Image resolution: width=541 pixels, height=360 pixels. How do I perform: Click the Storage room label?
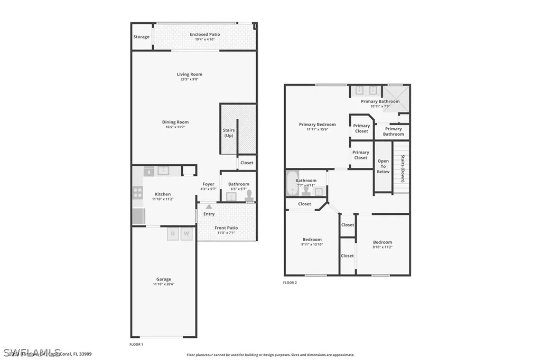coord(141,37)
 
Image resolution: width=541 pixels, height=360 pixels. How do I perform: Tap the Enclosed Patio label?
coord(205,34)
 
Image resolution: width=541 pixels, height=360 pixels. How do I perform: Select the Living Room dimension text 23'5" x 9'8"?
coord(190,79)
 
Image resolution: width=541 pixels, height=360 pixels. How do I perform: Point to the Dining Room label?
coord(175,122)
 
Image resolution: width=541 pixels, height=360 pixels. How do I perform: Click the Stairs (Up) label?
coord(229,133)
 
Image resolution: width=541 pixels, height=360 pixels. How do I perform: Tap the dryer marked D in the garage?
coord(173,233)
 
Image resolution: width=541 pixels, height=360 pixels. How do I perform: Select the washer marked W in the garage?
coord(186,233)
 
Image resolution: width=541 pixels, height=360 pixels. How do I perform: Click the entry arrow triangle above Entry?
coord(209,206)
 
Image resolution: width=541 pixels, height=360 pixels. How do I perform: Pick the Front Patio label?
coord(226,228)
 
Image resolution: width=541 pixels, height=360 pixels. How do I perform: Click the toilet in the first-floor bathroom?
coord(249,195)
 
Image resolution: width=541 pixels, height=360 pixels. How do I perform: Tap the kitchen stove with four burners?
coord(137,193)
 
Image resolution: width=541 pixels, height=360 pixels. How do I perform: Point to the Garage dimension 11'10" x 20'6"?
coord(163,285)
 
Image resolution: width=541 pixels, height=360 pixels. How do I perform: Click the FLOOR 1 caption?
coord(136,344)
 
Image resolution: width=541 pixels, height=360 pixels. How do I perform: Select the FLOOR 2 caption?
coord(290,283)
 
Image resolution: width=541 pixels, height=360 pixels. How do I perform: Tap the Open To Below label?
coord(383,166)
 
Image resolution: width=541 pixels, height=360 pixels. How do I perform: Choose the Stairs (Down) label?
coord(403,164)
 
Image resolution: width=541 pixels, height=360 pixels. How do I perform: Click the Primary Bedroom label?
coord(317,125)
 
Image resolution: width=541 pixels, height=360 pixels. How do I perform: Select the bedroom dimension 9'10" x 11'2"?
coord(383,247)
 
